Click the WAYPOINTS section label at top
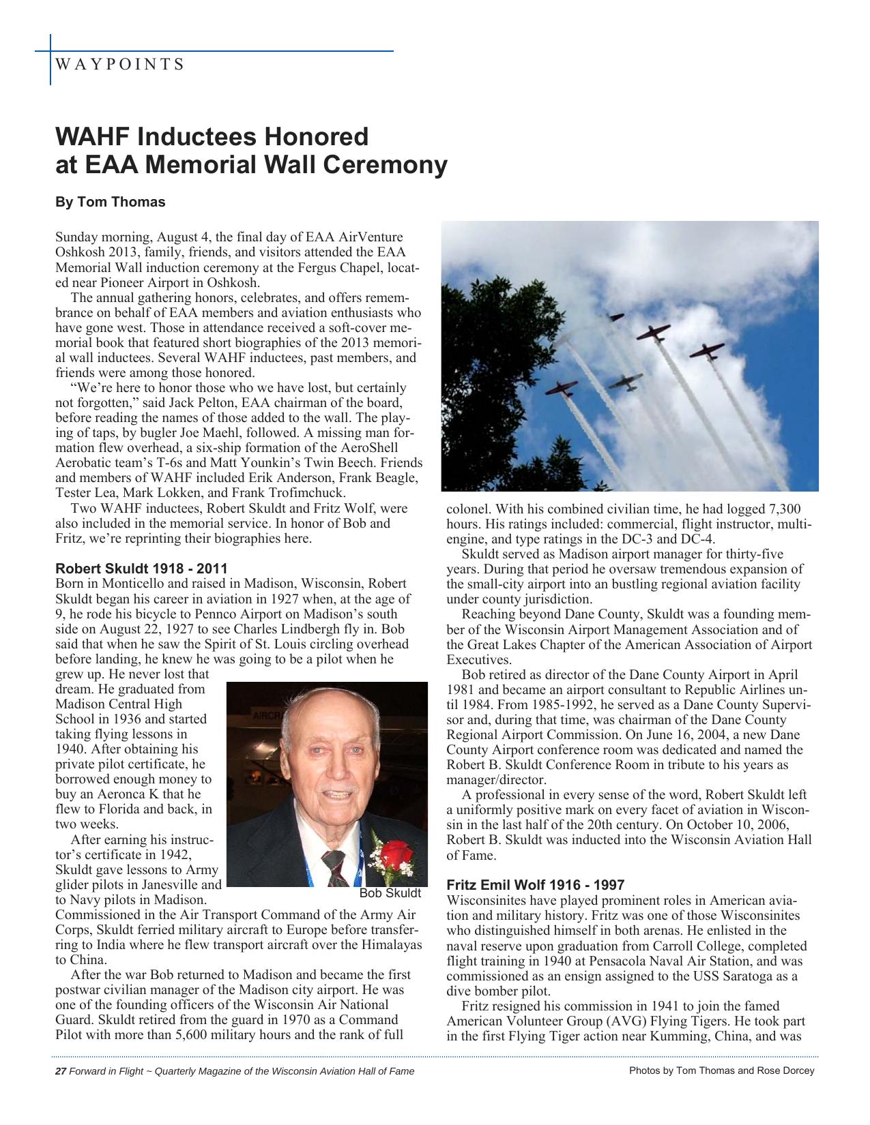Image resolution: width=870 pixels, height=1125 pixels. pos(119,65)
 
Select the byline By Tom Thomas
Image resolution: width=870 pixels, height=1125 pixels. pos(110,202)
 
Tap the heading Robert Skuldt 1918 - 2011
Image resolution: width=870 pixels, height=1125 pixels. pos(141,569)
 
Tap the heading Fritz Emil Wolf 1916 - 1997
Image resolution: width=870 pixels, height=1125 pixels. pos(535,885)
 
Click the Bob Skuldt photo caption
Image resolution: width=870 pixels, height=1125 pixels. pos(390,893)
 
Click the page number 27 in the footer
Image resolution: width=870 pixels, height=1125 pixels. pos(60,1071)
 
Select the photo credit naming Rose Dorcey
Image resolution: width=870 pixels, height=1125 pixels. pos(721,1070)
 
